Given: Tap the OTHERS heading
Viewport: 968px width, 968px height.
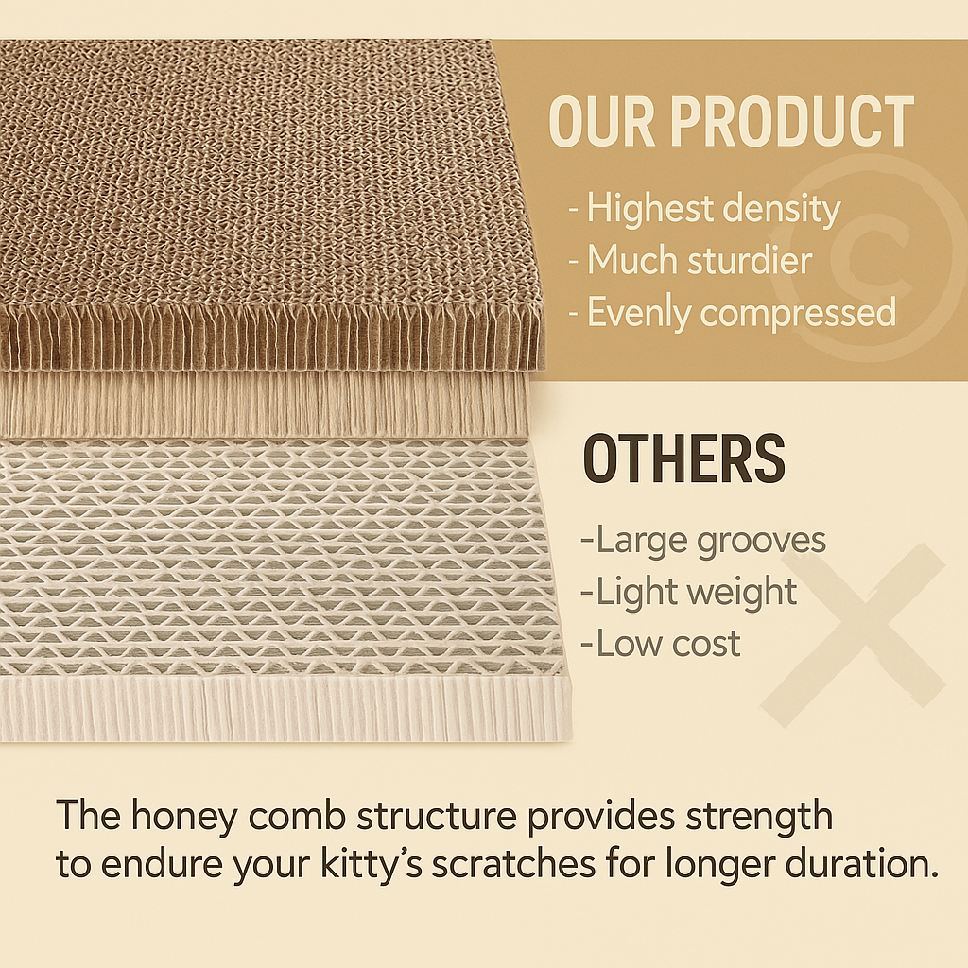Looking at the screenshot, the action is pos(683,459).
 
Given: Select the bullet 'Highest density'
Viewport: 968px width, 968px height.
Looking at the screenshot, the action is pos(704,210).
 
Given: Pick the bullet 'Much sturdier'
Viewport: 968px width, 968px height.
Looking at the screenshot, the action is pos(690,260).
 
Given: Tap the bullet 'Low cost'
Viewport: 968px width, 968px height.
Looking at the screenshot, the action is pos(661,644).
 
